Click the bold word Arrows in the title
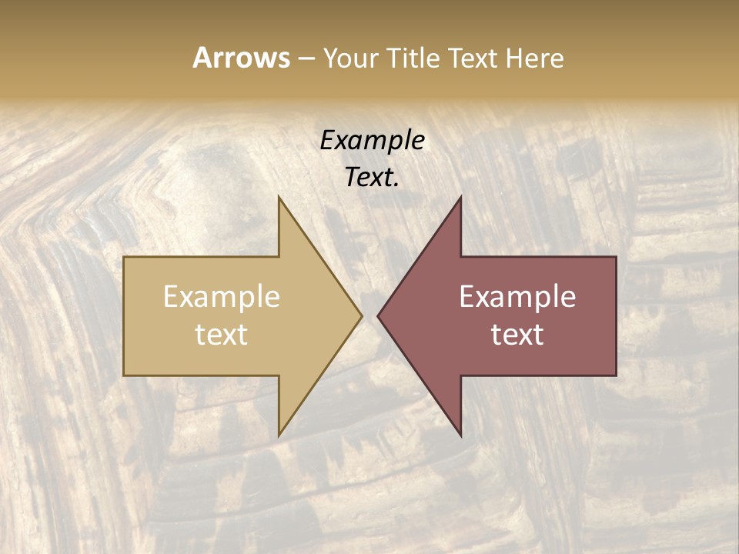click(241, 58)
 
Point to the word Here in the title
click(534, 58)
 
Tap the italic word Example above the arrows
click(372, 141)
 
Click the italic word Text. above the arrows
click(372, 178)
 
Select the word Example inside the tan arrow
click(222, 296)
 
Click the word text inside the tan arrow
click(222, 334)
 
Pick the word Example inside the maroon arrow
click(517, 296)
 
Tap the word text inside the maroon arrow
click(517, 334)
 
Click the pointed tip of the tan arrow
click(362, 315)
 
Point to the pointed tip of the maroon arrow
click(377, 315)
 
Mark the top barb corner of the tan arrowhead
click(279, 197)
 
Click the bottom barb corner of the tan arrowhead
click(279, 436)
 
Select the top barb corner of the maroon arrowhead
click(460, 197)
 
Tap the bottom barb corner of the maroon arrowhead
click(460, 436)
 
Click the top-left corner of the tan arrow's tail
click(124, 257)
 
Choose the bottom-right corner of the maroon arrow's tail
click(616, 375)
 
